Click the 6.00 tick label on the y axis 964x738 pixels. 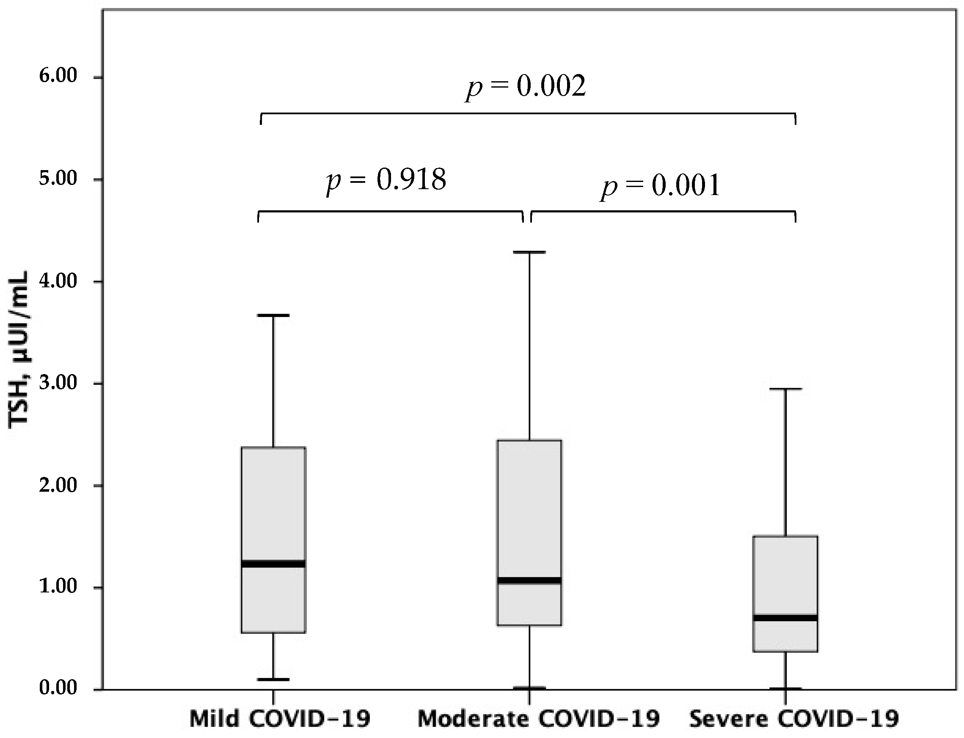coord(58,77)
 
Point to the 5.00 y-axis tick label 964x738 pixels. coord(58,179)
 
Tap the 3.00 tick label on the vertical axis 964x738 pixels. coord(58,383)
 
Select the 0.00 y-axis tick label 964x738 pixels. coord(58,688)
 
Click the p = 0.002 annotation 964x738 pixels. coord(526,87)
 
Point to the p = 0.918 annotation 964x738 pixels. coord(386,180)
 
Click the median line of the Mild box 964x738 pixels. coord(274,564)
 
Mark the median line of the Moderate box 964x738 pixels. coord(529,580)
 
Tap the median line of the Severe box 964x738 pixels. coord(785,618)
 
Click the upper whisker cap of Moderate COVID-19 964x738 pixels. coord(529,252)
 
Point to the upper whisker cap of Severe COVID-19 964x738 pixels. coord(785,389)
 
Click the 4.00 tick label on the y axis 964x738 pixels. coord(58,281)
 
